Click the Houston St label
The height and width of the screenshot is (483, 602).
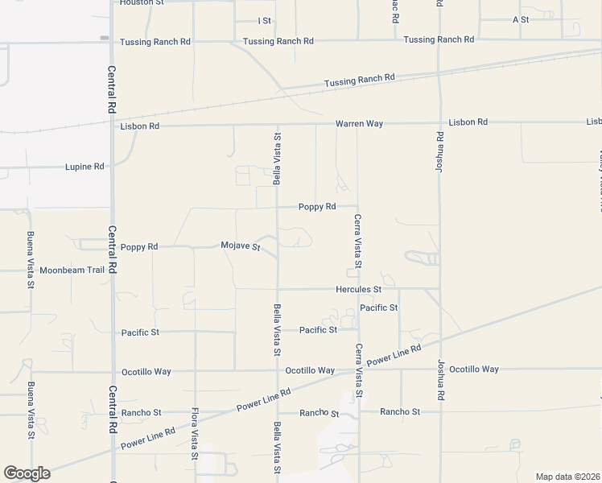pyautogui.click(x=141, y=3)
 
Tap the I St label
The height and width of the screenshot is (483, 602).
pyautogui.click(x=264, y=20)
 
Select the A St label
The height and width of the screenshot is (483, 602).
pyautogui.click(x=520, y=19)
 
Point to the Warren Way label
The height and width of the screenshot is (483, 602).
pyautogui.click(x=359, y=124)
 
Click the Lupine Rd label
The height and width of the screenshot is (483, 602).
pyautogui.click(x=85, y=167)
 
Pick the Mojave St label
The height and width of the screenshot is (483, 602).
pyautogui.click(x=241, y=246)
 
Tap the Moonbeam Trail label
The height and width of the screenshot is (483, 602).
pyautogui.click(x=72, y=270)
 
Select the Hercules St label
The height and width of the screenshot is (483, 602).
pyautogui.click(x=358, y=289)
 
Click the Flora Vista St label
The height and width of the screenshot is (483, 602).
pyautogui.click(x=195, y=434)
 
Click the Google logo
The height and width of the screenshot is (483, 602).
pyautogui.click(x=27, y=473)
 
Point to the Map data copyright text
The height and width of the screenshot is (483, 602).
pyautogui.click(x=567, y=477)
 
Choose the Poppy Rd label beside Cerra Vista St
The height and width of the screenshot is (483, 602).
pyautogui.click(x=317, y=207)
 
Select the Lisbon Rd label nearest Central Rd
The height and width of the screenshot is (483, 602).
pyautogui.click(x=139, y=126)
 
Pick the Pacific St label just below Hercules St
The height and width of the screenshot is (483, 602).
pyautogui.click(x=379, y=308)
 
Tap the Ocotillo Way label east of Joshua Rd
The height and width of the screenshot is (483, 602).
pyautogui.click(x=474, y=369)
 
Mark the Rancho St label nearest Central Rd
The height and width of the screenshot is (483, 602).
pyautogui.click(x=141, y=413)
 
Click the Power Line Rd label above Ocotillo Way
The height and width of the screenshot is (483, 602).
pyautogui.click(x=394, y=357)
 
